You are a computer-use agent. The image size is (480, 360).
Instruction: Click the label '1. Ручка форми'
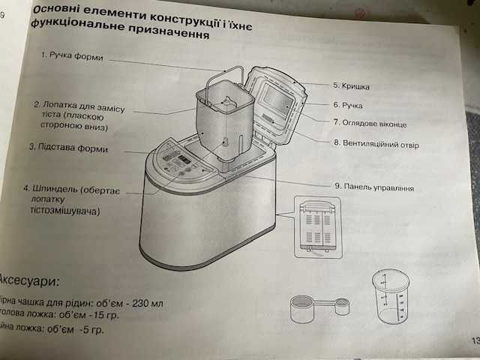point(73,56)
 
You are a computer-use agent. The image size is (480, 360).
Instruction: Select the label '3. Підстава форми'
point(68,148)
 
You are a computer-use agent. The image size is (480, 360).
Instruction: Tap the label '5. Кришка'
point(350,86)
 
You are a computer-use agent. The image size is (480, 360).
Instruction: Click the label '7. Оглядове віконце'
point(370,122)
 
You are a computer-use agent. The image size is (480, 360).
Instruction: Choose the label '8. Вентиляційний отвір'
point(376,143)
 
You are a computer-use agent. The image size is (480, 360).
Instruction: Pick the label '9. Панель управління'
point(373,187)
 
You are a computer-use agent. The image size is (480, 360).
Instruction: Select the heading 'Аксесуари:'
point(30,282)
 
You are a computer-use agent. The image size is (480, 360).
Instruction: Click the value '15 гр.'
point(103,315)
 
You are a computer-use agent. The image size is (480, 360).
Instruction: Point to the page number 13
point(473,340)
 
